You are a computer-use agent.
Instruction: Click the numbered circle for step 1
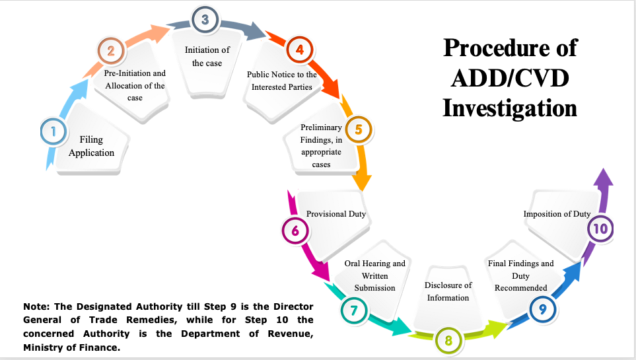click(52, 131)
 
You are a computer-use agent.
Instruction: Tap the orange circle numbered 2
click(110, 51)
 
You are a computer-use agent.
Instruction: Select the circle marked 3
click(205, 20)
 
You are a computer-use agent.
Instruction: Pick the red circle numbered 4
click(299, 50)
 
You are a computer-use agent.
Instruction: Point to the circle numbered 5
click(359, 129)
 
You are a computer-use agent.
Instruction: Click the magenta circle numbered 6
click(295, 231)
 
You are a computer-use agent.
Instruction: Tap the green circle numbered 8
click(448, 342)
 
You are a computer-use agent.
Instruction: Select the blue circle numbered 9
click(542, 308)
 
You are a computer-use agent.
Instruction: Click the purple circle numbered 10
click(600, 229)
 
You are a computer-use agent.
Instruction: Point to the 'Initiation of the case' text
click(207, 57)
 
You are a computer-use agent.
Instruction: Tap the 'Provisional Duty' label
click(336, 214)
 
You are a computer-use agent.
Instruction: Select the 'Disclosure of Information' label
click(448, 291)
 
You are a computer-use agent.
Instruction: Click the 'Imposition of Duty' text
click(557, 214)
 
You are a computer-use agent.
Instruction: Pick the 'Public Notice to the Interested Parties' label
click(282, 81)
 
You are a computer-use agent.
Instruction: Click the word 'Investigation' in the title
click(510, 107)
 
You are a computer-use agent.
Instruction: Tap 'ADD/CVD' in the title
click(510, 77)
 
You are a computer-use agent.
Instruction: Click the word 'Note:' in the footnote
click(34, 307)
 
